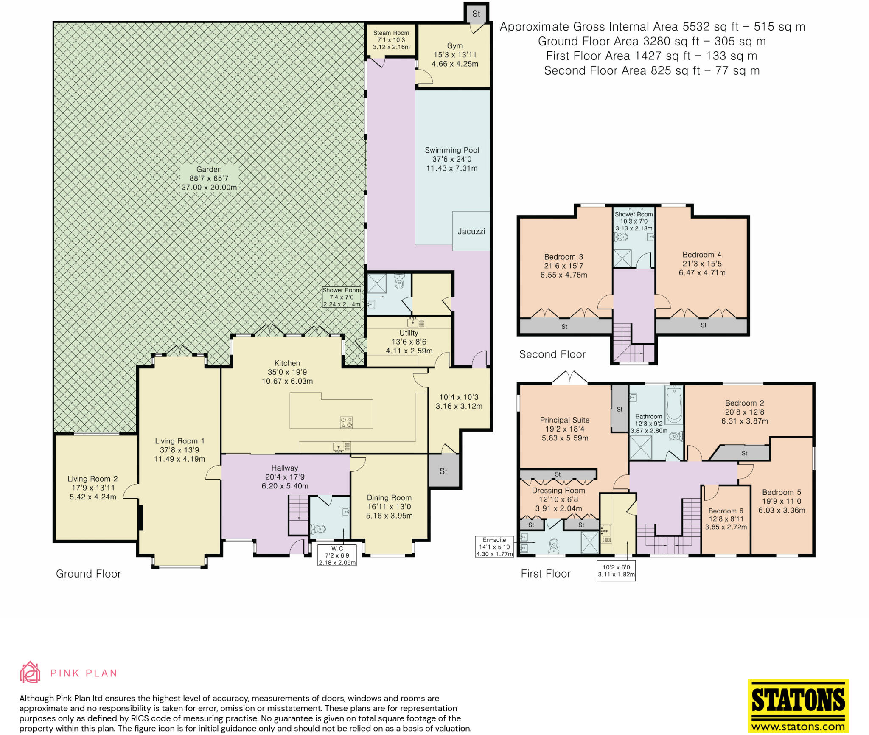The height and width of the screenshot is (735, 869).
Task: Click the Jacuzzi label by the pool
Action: click(x=471, y=231)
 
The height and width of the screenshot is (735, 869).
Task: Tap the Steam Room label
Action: click(x=391, y=33)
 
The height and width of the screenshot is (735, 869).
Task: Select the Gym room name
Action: click(x=455, y=46)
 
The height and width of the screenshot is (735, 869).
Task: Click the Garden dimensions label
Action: click(x=209, y=178)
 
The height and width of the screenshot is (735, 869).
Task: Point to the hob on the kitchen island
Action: click(x=346, y=422)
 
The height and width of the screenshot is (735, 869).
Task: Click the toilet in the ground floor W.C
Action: click(x=318, y=529)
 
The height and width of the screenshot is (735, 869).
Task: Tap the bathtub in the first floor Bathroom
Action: click(x=674, y=405)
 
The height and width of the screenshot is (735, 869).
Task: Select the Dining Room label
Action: click(x=389, y=498)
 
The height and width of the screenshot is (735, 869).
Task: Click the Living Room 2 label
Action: click(x=93, y=479)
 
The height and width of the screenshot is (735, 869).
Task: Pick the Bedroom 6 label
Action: click(x=726, y=511)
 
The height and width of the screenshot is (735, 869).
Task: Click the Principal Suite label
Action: click(x=564, y=420)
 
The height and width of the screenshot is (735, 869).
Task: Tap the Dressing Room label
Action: click(x=558, y=491)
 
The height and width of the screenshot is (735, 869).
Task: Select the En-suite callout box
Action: click(x=494, y=547)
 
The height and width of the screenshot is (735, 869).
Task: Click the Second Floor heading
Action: click(x=552, y=354)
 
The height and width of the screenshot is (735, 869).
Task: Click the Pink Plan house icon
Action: click(x=30, y=672)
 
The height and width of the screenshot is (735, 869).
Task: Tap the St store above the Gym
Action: click(x=476, y=14)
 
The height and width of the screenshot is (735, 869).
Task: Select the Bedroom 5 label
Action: click(x=782, y=492)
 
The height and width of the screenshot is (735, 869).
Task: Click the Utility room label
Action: click(x=409, y=333)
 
